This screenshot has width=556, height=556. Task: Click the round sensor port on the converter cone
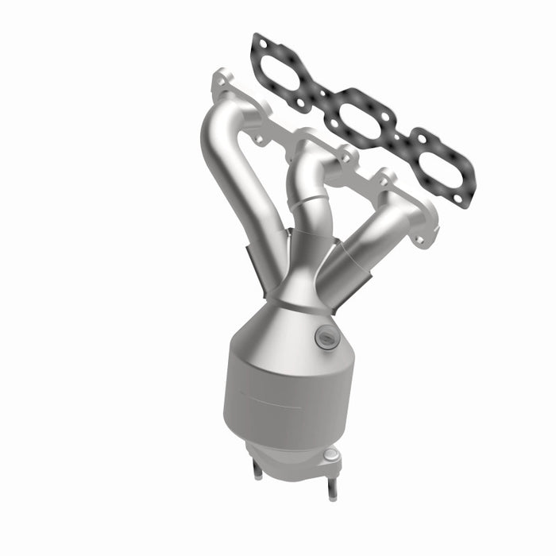(x=326, y=338)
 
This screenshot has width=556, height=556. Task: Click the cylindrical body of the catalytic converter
(x=286, y=397)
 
